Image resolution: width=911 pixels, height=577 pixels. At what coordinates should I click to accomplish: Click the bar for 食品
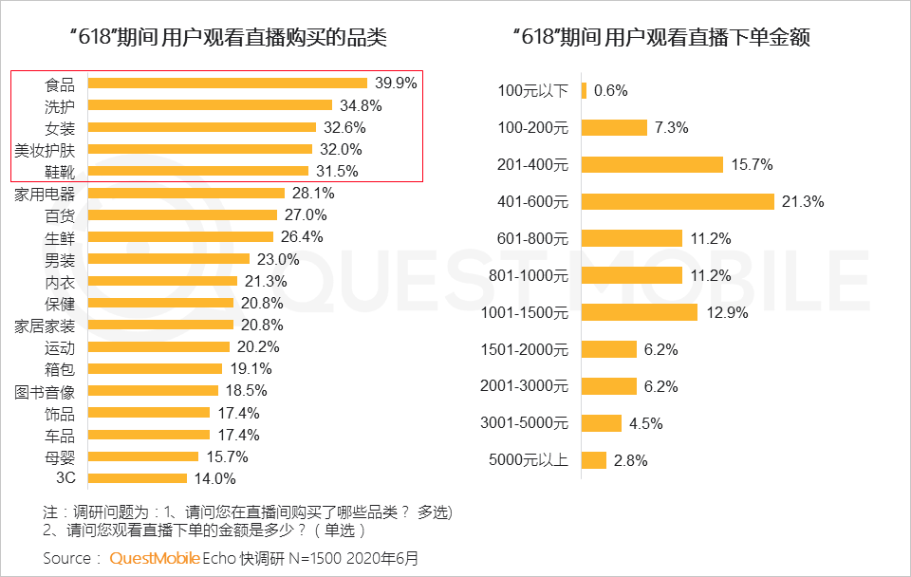click(x=228, y=84)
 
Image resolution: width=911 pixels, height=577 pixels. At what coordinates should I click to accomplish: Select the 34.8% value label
click(x=359, y=105)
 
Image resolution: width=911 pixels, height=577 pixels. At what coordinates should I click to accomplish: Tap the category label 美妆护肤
click(x=44, y=149)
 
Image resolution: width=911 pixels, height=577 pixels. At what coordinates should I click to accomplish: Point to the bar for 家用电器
click(x=187, y=193)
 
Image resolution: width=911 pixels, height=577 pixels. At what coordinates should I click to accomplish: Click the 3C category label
click(x=65, y=478)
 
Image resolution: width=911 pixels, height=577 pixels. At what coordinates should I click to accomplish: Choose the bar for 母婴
click(x=143, y=456)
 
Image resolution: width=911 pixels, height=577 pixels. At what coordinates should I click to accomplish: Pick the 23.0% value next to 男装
click(x=278, y=259)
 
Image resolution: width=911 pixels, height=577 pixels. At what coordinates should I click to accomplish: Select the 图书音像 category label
click(x=44, y=391)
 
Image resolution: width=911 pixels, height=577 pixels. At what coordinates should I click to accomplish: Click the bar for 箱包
click(x=156, y=368)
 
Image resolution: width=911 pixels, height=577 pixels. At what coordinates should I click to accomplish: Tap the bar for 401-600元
click(x=678, y=201)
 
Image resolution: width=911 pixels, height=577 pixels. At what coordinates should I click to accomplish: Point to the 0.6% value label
click(x=610, y=91)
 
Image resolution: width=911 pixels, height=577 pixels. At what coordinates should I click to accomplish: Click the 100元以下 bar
click(x=584, y=91)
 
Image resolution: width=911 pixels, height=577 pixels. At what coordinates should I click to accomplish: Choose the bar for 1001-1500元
click(x=639, y=312)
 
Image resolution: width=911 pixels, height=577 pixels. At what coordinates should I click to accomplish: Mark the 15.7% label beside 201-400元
click(x=752, y=165)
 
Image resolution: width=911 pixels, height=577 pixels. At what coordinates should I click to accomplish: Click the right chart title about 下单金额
click(x=666, y=38)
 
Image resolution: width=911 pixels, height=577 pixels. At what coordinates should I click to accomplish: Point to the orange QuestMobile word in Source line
click(x=154, y=558)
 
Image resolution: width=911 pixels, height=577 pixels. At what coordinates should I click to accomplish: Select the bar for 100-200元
click(x=614, y=127)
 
